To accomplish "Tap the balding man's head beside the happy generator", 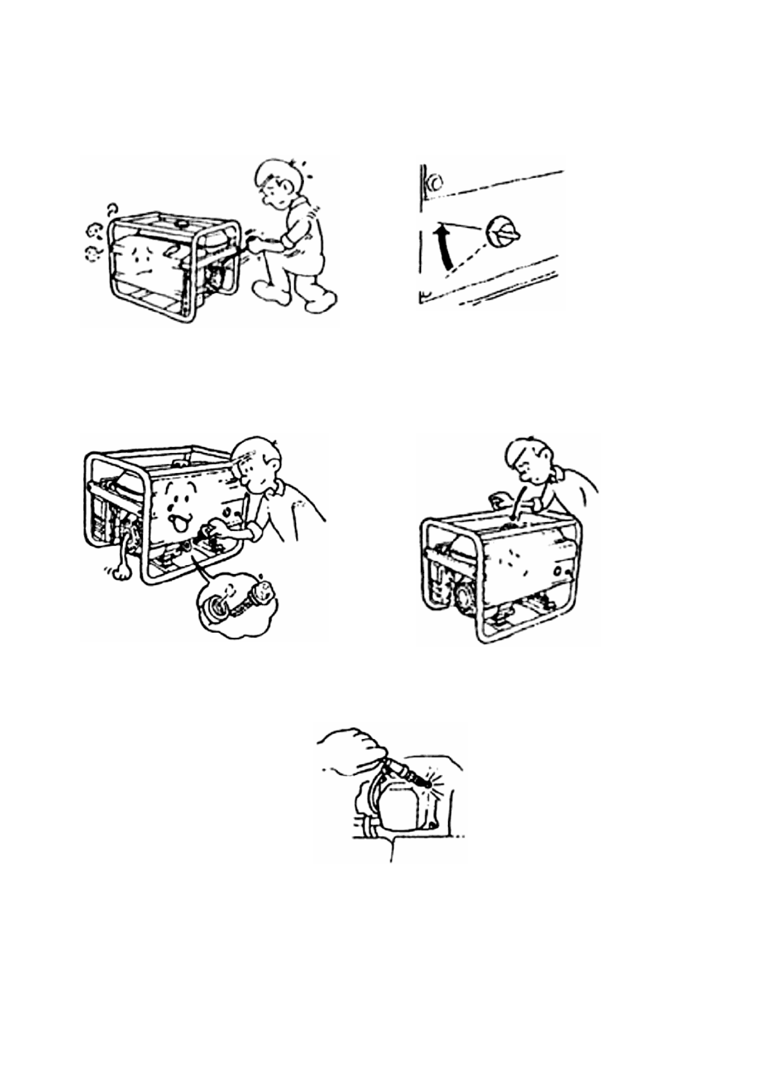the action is click(259, 463).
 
